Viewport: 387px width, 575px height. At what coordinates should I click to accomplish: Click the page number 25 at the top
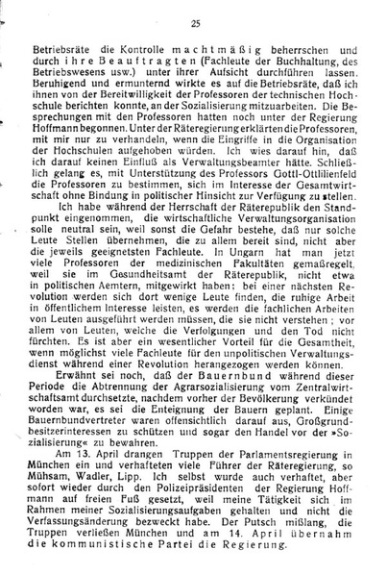coord(195,21)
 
